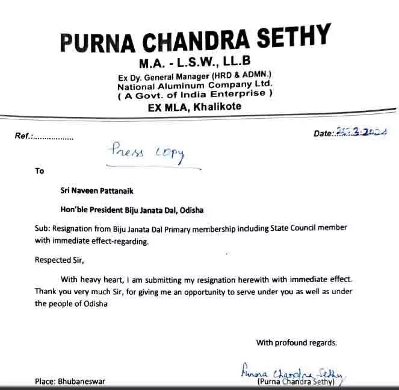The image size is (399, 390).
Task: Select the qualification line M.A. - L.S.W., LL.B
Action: (x=194, y=62)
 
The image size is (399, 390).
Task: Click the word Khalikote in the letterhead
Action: (x=214, y=107)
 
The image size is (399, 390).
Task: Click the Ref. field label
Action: (x=23, y=136)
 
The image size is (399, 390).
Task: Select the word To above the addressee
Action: (x=40, y=171)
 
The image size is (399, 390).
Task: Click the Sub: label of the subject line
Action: (x=42, y=228)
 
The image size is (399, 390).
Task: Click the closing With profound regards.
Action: (x=296, y=343)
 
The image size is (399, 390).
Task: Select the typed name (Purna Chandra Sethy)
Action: (x=298, y=382)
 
